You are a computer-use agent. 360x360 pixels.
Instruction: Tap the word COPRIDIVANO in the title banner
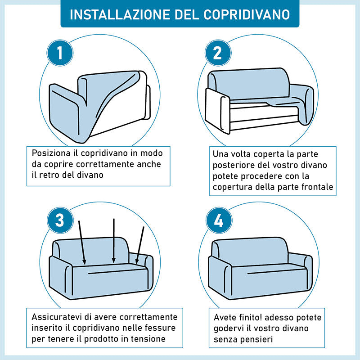247,14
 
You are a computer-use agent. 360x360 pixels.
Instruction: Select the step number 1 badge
60,53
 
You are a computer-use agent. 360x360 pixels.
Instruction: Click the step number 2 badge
218,53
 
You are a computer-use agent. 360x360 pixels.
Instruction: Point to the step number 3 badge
60,220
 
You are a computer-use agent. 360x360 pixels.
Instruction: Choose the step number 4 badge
219,220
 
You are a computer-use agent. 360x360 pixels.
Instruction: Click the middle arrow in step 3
114,241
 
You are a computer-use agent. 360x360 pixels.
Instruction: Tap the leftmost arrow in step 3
82,243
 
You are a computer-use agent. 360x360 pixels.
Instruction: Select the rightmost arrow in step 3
140,245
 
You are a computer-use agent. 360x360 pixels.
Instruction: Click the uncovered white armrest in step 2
217,111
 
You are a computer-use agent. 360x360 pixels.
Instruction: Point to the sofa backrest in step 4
250,251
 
